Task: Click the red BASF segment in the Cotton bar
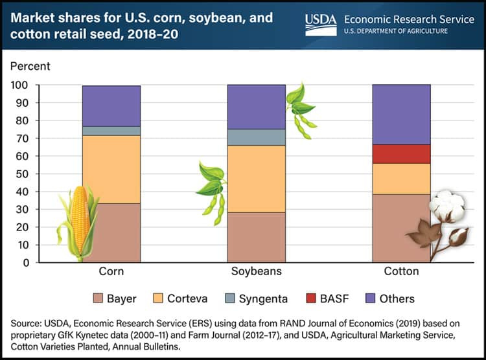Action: [x=402, y=154]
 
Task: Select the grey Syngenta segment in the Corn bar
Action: [x=111, y=131]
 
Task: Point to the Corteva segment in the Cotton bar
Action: [x=402, y=179]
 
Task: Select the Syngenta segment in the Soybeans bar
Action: [x=256, y=137]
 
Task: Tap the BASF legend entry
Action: [x=324, y=298]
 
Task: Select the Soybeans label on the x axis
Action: [x=256, y=271]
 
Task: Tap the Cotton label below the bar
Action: [x=402, y=271]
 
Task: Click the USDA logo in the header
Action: [x=321, y=25]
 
